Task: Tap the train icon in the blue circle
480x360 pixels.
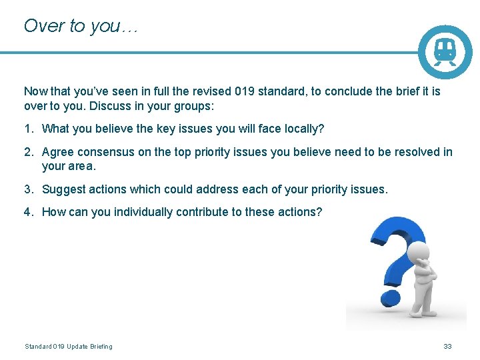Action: tap(445, 51)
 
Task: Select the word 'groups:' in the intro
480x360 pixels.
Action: tap(193, 106)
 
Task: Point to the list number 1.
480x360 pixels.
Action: tap(28, 129)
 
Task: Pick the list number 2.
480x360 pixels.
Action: tap(28, 152)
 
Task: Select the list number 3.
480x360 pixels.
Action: tap(28, 189)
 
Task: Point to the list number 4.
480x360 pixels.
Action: tap(28, 212)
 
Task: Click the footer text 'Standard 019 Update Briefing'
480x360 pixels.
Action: tap(69, 346)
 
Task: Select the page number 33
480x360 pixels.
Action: tap(448, 346)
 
